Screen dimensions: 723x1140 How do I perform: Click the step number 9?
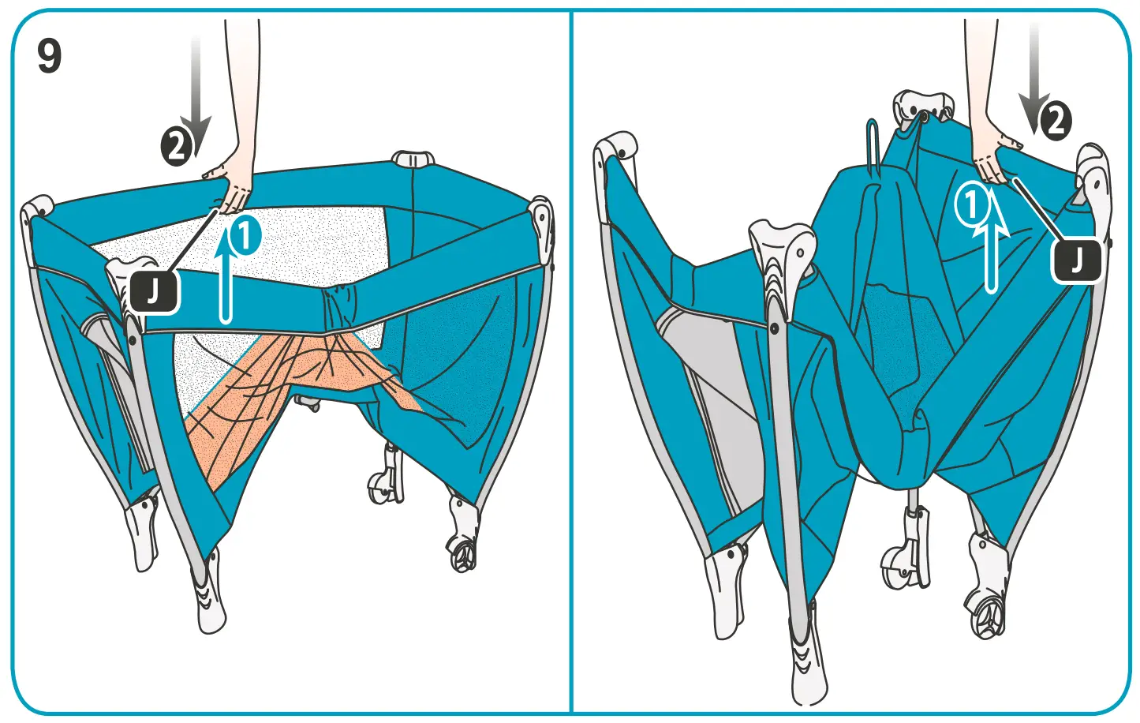click(x=49, y=57)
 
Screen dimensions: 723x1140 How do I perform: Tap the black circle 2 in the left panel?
click(x=177, y=147)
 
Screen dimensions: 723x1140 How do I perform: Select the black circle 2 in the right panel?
click(x=1055, y=122)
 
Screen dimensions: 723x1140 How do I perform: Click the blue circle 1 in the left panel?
click(x=245, y=236)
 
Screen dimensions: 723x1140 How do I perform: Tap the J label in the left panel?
click(x=155, y=291)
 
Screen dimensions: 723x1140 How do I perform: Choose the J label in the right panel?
click(x=1077, y=260)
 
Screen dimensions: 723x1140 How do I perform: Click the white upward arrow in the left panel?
click(x=226, y=276)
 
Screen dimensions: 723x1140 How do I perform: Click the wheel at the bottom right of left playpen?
click(x=462, y=553)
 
